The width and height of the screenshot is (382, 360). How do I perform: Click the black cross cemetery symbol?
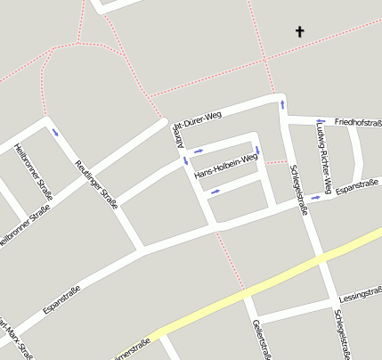click(299, 32)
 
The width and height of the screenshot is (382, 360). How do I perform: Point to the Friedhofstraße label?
click(357, 119)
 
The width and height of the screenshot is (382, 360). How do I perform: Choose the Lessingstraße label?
click(361, 292)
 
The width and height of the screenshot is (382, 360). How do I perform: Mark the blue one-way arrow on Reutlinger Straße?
click(56, 132)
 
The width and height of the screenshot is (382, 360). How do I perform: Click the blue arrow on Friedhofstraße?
click(320, 121)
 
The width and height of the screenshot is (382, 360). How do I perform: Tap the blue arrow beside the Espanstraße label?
click(318, 197)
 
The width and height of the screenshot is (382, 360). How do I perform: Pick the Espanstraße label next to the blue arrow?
click(358, 188)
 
